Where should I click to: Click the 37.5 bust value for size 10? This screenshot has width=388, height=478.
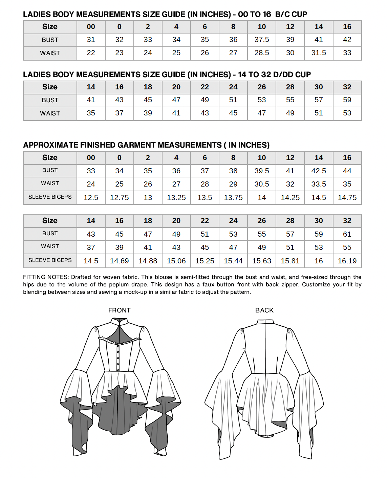click(x=262, y=40)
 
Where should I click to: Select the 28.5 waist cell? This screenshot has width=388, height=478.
click(x=262, y=53)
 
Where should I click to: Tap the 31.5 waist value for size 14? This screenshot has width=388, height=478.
click(x=319, y=53)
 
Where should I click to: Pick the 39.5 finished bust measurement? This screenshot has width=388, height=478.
click(x=262, y=171)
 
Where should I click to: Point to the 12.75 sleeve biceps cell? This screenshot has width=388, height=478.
click(x=119, y=198)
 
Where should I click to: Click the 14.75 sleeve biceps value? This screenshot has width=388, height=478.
click(x=347, y=198)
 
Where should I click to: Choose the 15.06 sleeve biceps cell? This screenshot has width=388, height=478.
click(x=176, y=261)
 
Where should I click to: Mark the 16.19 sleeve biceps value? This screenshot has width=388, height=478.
click(x=347, y=261)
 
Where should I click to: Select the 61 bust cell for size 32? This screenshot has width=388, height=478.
click(x=347, y=234)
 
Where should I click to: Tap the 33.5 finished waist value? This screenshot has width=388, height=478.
click(x=319, y=184)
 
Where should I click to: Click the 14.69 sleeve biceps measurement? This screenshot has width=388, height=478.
click(x=119, y=261)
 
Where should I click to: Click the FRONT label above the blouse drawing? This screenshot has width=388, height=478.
click(x=119, y=310)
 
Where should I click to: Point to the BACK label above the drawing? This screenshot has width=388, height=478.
click(x=264, y=310)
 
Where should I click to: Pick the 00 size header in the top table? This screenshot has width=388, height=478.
click(x=91, y=27)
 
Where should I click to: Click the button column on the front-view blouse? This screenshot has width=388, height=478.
click(x=118, y=357)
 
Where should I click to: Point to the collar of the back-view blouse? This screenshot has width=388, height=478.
click(x=265, y=322)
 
